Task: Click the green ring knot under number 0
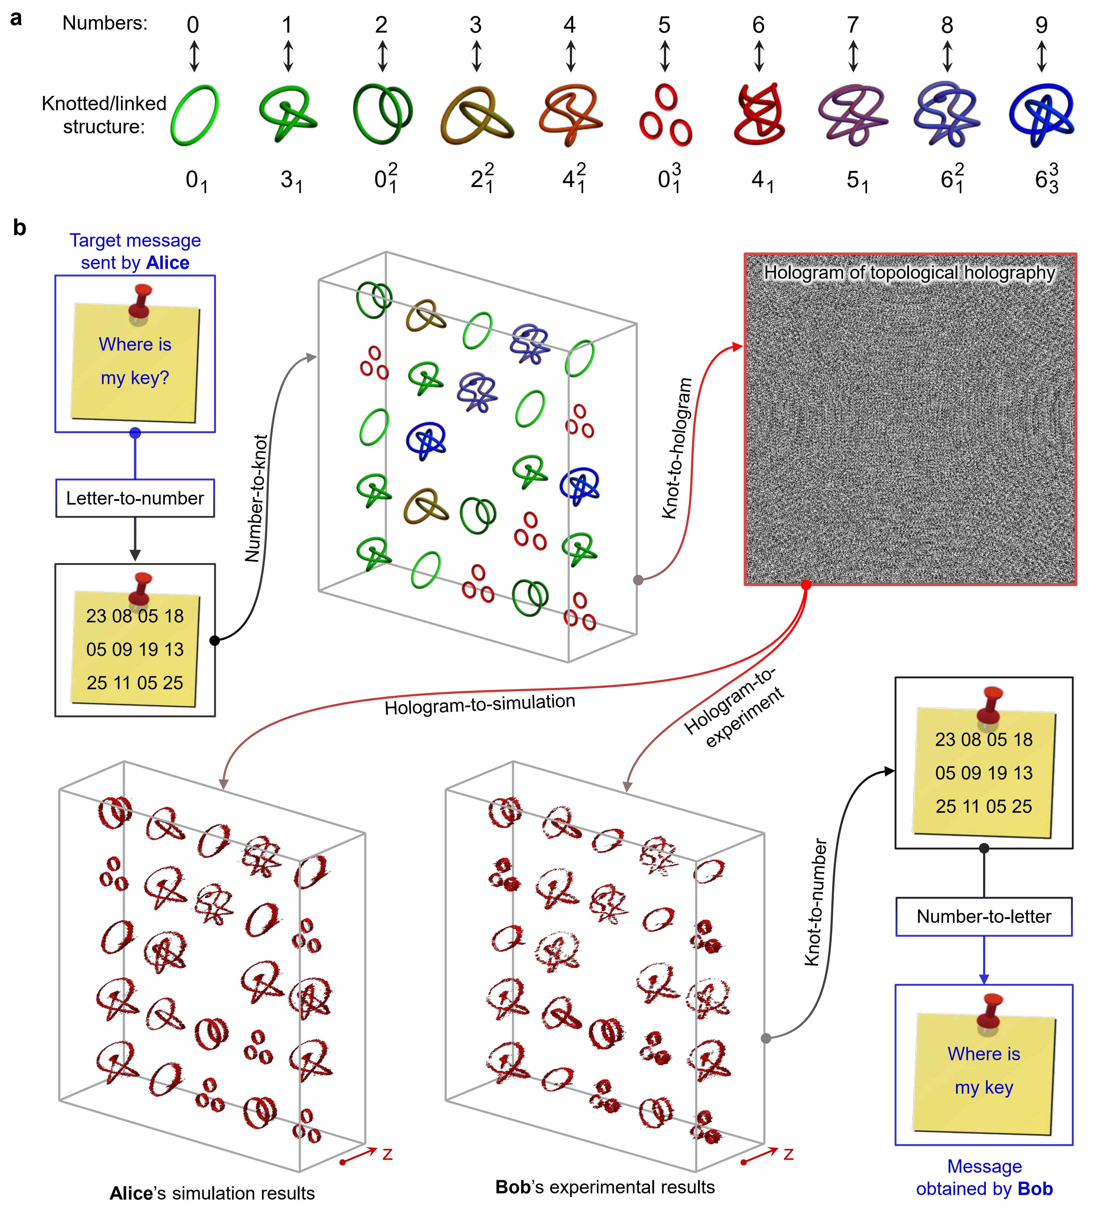(x=194, y=115)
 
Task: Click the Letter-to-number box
(x=135, y=498)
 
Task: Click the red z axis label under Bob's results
(x=788, y=1154)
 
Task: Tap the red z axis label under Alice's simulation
(x=388, y=1154)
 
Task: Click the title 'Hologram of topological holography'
(x=910, y=273)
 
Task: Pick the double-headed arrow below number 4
(x=570, y=56)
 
